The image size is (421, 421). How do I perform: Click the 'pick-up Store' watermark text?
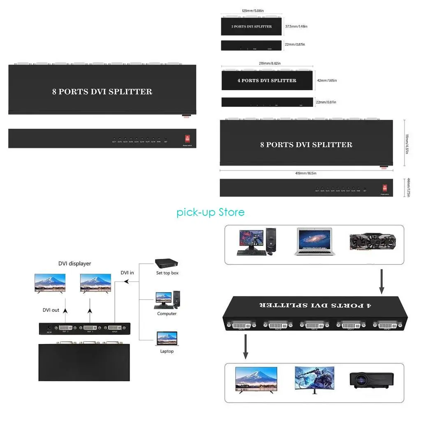coord(210,212)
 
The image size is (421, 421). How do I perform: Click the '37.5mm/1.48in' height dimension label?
coord(296,26)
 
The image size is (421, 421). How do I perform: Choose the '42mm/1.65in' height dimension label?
coord(326,81)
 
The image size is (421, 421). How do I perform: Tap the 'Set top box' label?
coord(167,273)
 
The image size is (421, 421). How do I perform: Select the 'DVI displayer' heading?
coord(74,264)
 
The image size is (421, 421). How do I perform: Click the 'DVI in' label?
coord(127,273)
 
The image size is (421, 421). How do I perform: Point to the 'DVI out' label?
coord(51,310)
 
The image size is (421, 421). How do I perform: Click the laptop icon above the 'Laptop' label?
coord(167,338)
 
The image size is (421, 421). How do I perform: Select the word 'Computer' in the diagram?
coord(167,314)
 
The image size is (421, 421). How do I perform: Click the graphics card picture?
coord(372,242)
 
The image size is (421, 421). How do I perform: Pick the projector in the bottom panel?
coord(372,380)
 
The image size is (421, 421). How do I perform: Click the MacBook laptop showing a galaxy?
coord(313,242)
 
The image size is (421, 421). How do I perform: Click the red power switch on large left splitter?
coord(187,139)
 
